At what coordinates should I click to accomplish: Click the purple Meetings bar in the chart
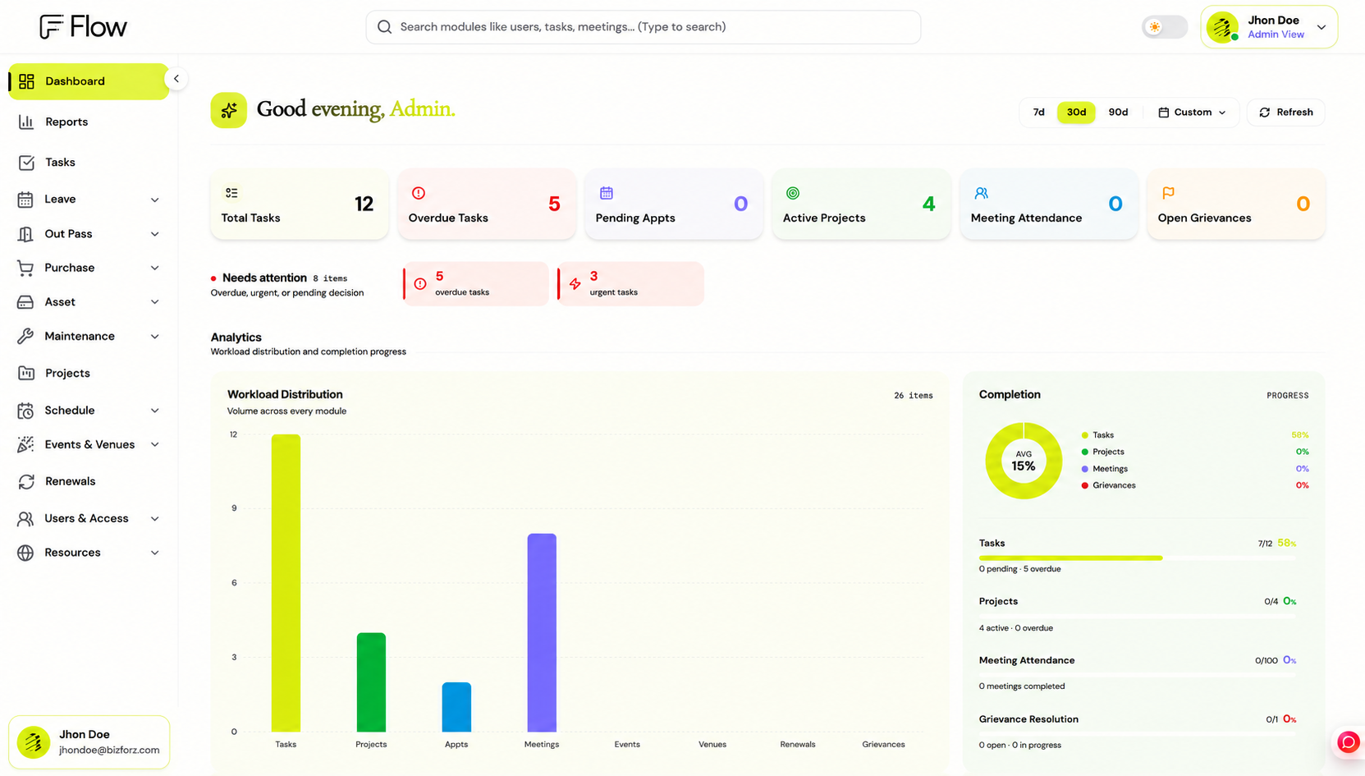[542, 632]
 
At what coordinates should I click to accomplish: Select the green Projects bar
[371, 682]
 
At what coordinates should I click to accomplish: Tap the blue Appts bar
[456, 706]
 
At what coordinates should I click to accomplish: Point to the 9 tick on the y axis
[234, 507]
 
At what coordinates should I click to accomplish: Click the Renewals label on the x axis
[797, 744]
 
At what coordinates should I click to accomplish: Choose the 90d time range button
[1118, 112]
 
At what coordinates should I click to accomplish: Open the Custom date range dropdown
[1192, 112]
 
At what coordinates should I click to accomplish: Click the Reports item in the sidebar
[66, 122]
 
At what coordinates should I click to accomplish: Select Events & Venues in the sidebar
[89, 444]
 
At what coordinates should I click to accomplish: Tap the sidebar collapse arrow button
[176, 79]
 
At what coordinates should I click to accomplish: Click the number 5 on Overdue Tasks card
[554, 204]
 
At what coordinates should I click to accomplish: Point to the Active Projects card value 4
[928, 204]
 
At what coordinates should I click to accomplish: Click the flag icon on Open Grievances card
[1168, 193]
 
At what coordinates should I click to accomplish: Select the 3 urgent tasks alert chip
[630, 283]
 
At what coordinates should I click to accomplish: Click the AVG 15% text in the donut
[1024, 461]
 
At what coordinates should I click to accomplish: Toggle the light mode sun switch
[1164, 27]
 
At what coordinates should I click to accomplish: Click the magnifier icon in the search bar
[384, 27]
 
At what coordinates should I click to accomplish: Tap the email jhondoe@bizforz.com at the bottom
[109, 750]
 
